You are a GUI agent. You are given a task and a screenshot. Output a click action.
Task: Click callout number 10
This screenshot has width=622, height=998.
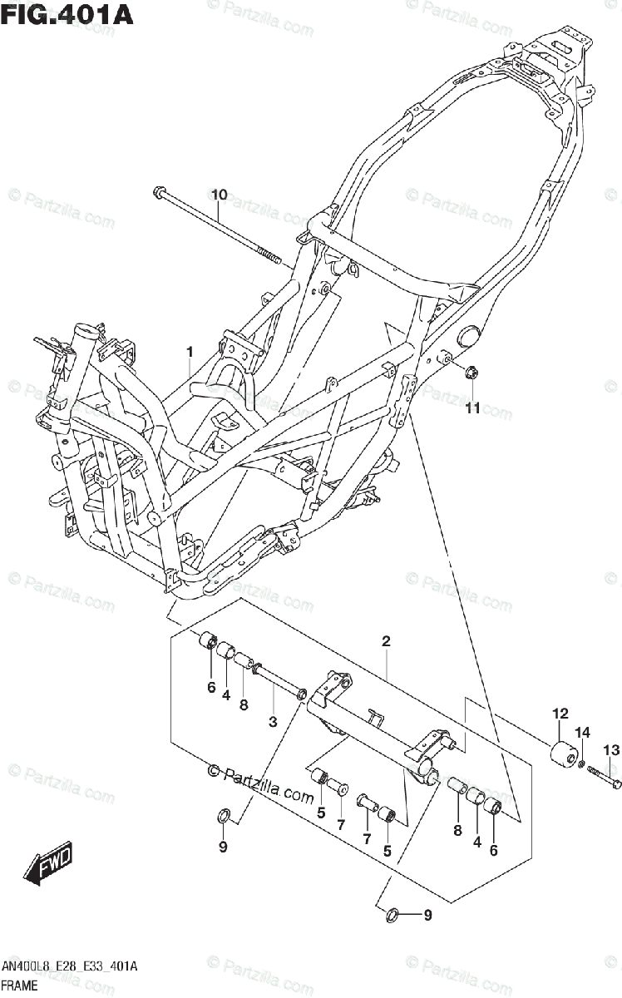(219, 195)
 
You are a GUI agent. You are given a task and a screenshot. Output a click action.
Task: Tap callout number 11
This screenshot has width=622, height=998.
(472, 408)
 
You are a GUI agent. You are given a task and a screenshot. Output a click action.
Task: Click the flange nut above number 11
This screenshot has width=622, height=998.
(470, 373)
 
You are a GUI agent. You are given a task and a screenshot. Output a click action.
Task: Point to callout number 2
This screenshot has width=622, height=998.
(386, 641)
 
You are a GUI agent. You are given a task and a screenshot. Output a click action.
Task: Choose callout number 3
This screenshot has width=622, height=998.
(273, 722)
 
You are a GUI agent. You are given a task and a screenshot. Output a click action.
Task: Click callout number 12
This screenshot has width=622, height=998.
(560, 713)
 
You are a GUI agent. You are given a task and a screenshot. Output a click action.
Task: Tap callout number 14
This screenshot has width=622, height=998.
(583, 732)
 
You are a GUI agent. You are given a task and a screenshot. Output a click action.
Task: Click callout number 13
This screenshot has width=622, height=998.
(611, 750)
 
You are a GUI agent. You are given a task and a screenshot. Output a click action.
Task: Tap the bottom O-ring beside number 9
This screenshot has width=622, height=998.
(389, 916)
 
